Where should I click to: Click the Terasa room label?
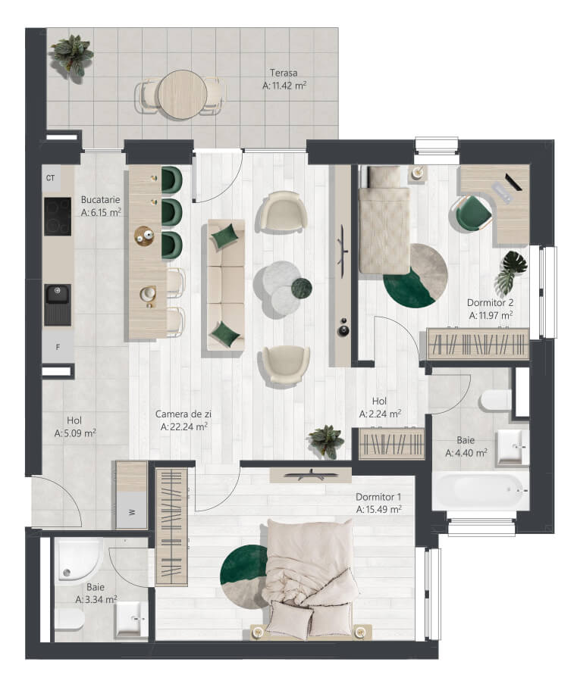tap(284, 73)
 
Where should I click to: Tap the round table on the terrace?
tap(183, 95)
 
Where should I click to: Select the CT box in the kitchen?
tap(51, 178)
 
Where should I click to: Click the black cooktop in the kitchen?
tap(58, 217)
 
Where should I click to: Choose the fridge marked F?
tap(58, 347)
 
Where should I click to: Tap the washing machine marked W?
tap(131, 511)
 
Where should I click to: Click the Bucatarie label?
tap(100, 200)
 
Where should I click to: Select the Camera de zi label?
tap(183, 414)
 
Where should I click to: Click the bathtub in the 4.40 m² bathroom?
tap(481, 490)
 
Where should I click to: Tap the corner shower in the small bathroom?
tap(79, 560)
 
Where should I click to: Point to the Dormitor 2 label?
tap(490, 302)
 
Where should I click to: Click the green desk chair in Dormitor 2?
tap(471, 214)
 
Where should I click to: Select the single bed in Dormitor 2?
tap(384, 220)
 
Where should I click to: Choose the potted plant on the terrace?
tap(71, 56)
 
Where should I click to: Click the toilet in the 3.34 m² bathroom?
tap(70, 620)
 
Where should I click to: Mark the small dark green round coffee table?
tap(302, 288)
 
